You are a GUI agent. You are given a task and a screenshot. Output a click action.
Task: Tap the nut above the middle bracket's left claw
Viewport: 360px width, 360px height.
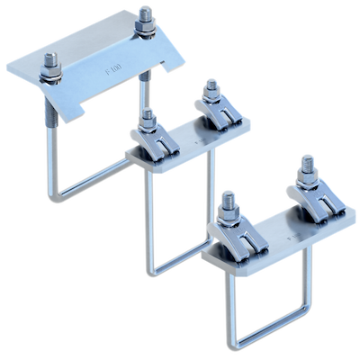147,119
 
